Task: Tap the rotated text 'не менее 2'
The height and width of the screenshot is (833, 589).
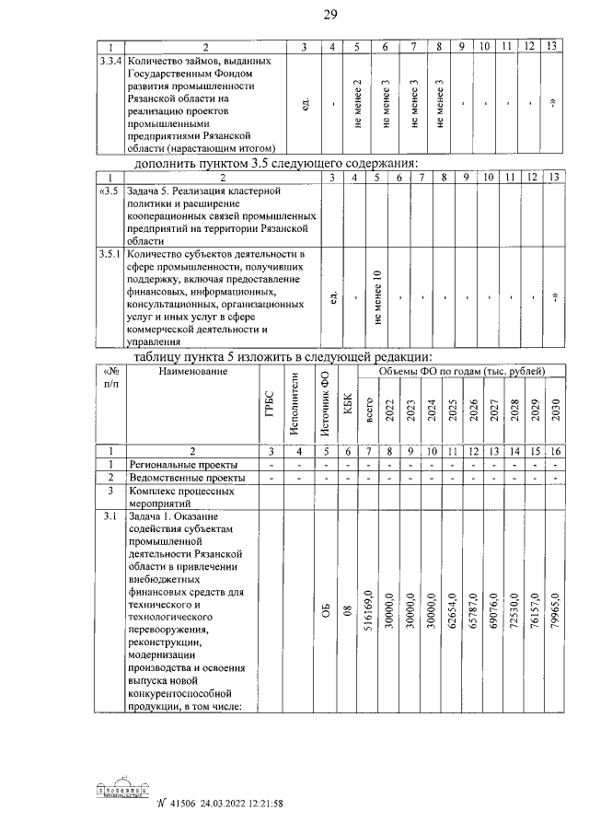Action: [x=356, y=102]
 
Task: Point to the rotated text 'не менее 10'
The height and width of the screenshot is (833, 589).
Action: [x=376, y=298]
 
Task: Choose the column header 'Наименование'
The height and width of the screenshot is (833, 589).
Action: [x=192, y=371]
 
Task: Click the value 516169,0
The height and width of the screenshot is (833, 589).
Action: [x=369, y=611]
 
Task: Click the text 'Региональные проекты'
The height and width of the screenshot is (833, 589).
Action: [x=183, y=465]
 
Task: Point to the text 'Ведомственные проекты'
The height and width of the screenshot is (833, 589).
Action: [x=187, y=479]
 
